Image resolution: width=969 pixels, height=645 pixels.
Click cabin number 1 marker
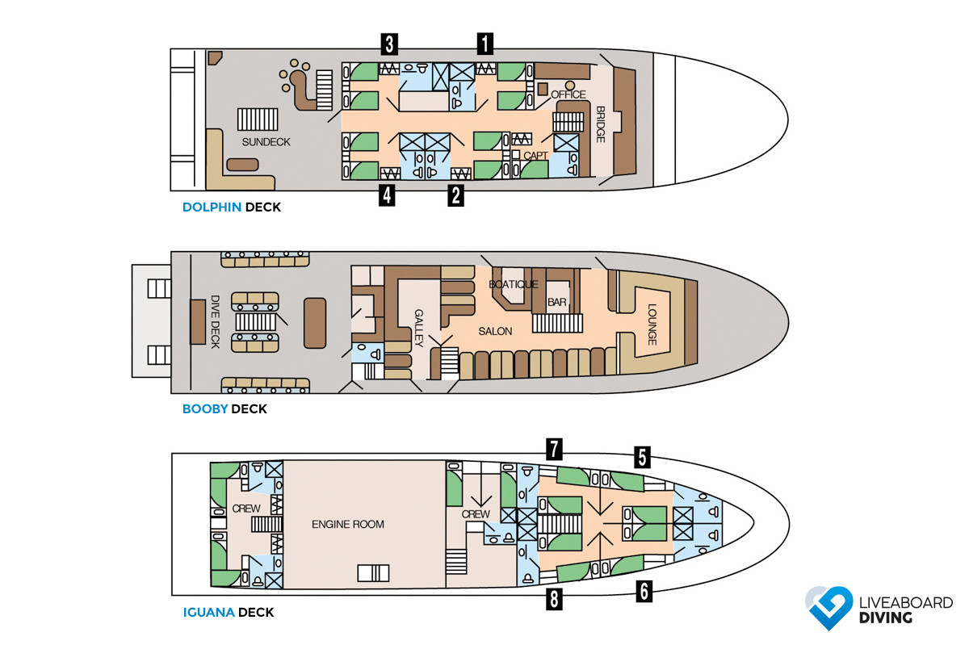pos(485,44)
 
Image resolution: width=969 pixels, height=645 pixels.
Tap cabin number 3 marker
pos(389,44)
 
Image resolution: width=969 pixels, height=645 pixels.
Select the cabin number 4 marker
pos(387,195)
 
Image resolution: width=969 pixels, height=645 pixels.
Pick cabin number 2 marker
pos(455,195)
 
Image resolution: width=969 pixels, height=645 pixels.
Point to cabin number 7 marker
pos(554,449)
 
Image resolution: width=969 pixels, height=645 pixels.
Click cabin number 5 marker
pos(643,457)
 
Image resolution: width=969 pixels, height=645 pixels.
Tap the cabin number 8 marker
pos(554,599)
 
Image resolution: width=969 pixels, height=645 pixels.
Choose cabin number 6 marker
pos(644,591)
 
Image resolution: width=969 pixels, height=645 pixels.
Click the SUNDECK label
pos(266,142)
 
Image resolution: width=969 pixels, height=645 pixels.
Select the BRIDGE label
pos(601,124)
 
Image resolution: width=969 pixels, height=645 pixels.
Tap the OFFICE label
pos(568,94)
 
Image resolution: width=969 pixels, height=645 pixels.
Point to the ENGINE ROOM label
pos(348,524)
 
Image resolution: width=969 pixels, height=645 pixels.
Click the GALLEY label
pos(419,328)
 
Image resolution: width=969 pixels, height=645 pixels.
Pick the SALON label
pos(495,331)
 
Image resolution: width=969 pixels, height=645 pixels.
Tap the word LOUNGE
pos(652,325)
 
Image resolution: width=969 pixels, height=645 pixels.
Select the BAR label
pos(556,302)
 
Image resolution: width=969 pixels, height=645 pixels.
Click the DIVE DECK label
pos(215,322)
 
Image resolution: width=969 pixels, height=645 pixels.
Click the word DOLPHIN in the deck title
pos(212,207)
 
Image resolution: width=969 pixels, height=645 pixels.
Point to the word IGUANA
pos(209,613)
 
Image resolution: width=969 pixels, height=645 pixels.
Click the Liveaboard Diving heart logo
pos(828,607)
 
